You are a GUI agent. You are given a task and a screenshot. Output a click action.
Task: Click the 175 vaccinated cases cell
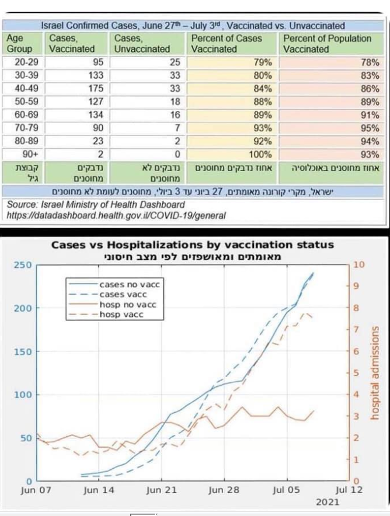94,89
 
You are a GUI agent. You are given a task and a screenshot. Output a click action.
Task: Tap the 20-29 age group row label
18,62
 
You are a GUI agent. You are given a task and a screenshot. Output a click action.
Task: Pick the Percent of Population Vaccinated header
327,44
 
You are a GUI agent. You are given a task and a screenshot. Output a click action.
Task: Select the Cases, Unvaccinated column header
142,44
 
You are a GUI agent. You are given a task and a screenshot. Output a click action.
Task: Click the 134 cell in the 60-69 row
94,115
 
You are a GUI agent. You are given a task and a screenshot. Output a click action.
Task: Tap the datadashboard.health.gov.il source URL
117,216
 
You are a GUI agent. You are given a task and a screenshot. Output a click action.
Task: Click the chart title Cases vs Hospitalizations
193,245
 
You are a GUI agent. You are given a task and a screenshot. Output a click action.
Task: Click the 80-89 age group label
18,141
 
